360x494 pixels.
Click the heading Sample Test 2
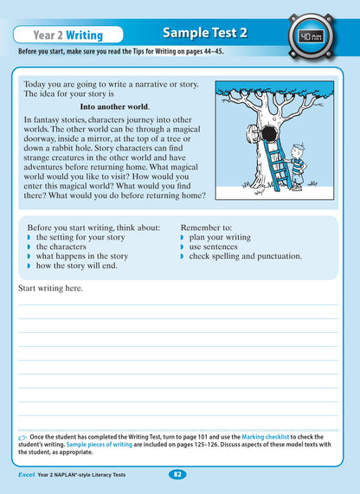click(205, 33)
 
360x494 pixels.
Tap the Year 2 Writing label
click(67, 35)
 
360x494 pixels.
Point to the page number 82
click(177, 474)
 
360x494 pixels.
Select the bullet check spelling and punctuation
click(245, 256)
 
